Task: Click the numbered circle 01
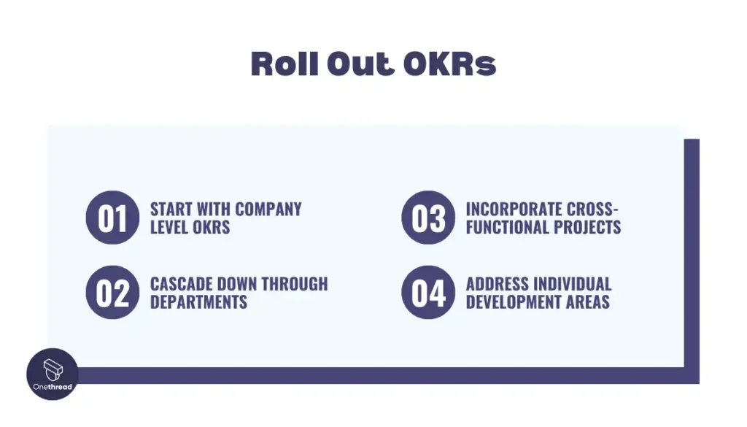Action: [112, 218]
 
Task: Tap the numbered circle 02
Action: [112, 293]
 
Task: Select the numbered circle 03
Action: [428, 218]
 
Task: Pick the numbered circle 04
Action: [428, 293]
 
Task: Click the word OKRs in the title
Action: [449, 64]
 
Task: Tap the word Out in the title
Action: [360, 64]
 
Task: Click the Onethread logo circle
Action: [53, 374]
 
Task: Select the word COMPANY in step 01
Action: [268, 209]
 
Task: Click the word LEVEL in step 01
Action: [169, 227]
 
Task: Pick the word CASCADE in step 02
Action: [181, 284]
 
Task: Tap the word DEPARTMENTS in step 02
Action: [198, 302]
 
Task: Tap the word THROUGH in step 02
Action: [295, 284]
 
